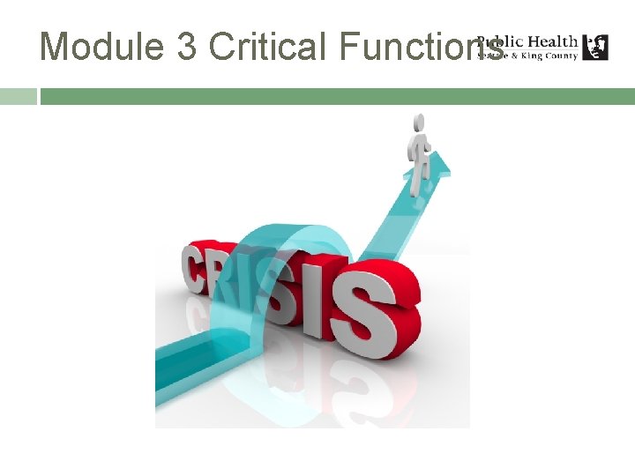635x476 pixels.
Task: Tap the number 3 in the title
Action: point(186,46)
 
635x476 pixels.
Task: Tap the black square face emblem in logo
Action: point(595,48)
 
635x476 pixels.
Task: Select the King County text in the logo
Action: point(553,56)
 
